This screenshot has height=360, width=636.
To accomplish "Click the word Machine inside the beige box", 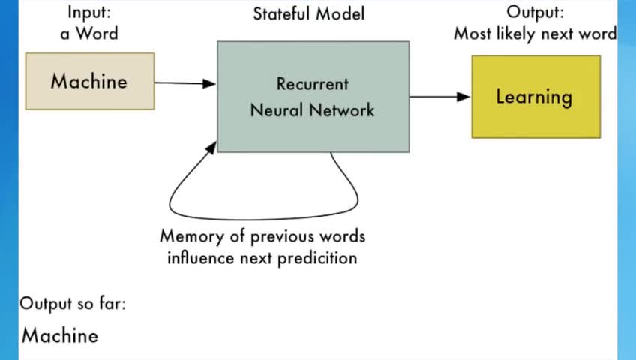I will click(x=89, y=81).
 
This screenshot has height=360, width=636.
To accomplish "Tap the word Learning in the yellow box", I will click(x=534, y=97).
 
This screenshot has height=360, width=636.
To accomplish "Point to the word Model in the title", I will click(x=342, y=13).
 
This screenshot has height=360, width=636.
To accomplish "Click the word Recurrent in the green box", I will click(x=313, y=84).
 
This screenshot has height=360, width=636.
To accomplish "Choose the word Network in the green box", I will click(x=343, y=109).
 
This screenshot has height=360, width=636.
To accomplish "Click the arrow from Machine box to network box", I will click(x=185, y=83).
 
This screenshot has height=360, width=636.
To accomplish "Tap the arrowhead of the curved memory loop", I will click(x=211, y=146).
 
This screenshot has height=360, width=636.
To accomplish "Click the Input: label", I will click(x=89, y=12).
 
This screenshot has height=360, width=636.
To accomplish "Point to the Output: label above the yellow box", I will click(x=534, y=12).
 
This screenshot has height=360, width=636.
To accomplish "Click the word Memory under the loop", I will click(x=192, y=236).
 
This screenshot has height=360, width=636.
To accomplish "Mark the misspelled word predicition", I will click(x=316, y=259).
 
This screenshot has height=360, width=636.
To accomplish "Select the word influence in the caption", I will click(x=201, y=259).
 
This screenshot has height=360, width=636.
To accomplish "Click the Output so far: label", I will click(x=73, y=304).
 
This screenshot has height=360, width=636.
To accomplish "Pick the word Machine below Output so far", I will click(x=60, y=335).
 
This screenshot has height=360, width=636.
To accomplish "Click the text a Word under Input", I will click(x=89, y=34).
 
